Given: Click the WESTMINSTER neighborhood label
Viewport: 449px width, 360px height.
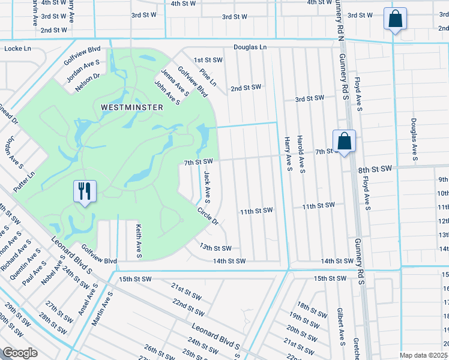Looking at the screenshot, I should point(131,107).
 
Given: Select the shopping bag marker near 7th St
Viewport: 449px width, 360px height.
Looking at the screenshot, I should point(344,142).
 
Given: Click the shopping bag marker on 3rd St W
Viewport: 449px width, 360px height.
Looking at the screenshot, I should point(396,20).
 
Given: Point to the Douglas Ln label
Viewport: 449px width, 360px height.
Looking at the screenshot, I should point(250,47).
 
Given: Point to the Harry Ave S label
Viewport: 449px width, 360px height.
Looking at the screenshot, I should point(288,153).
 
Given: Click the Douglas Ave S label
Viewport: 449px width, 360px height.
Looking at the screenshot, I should point(414,139).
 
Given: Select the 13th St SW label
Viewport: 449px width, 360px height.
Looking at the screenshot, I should point(215,248).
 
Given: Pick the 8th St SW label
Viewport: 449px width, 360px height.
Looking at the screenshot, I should point(375,170).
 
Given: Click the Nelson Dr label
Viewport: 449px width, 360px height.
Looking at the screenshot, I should point(86,83).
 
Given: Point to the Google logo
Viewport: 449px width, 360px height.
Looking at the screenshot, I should point(19,353).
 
